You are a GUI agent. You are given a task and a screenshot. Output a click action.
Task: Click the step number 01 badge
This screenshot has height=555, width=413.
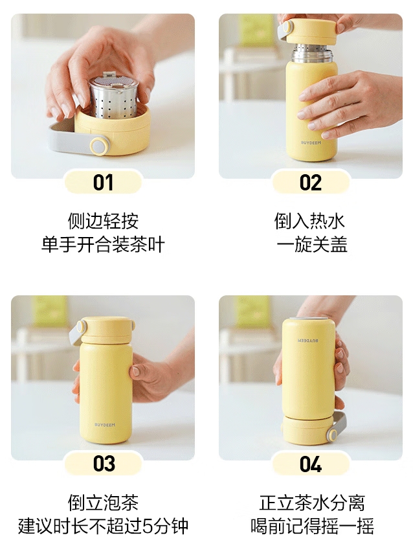[x=103, y=182]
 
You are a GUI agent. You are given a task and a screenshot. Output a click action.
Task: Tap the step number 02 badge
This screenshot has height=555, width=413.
[x=310, y=182]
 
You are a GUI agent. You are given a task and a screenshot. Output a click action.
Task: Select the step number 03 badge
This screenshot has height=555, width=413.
[x=103, y=463]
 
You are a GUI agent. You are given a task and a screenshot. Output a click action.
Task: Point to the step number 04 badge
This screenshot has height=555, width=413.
[x=310, y=463]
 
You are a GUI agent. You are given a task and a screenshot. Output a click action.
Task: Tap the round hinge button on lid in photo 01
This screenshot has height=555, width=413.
[x=98, y=146]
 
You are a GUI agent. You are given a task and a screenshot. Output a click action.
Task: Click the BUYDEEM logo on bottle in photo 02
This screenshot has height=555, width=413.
[x=311, y=142]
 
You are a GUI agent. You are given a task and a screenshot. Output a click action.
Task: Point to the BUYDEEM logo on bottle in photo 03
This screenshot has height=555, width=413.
[x=105, y=425]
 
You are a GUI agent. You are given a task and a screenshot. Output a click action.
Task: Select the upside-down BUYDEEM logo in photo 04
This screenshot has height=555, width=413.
[x=308, y=341]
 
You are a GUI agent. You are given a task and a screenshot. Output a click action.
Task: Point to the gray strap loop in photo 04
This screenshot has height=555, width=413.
[x=338, y=425]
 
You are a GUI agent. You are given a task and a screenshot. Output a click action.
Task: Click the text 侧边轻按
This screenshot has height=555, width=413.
[x=103, y=221]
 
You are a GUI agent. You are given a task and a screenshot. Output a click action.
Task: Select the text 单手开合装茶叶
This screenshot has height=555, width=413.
[x=103, y=245]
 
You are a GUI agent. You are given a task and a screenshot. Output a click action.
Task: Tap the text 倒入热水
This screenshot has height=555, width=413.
[x=310, y=221]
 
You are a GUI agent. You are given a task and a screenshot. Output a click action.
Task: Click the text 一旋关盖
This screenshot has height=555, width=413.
[x=312, y=245]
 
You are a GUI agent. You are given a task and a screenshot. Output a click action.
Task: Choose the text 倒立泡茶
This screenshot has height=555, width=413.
[x=103, y=503]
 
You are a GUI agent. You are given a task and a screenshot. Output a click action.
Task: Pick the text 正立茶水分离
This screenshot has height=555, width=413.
[x=312, y=503]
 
